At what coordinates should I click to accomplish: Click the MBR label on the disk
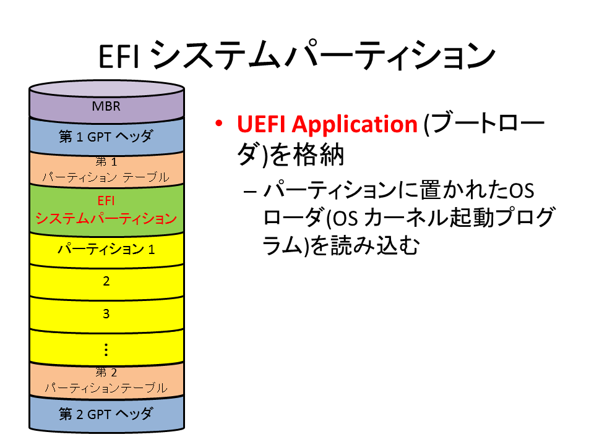pos(106,106)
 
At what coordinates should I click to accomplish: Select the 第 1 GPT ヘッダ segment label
pos(106,136)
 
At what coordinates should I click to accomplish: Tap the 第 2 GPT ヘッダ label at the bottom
pos(106,413)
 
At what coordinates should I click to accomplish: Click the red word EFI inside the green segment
pos(106,200)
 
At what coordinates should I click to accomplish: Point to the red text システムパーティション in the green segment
pos(106,218)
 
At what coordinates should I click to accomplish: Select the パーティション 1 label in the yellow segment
pos(106,249)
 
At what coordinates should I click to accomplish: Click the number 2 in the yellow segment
pos(106,281)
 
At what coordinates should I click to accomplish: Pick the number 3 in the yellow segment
pos(106,314)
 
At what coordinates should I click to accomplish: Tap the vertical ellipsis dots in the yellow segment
pos(106,350)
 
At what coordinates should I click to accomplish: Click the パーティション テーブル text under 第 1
pos(106,177)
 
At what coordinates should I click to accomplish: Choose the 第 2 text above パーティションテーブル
pos(106,372)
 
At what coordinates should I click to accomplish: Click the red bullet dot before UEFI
pos(218,124)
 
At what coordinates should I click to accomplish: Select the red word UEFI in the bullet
pos(261,124)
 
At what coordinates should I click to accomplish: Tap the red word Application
pos(355,125)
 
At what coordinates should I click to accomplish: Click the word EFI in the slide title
pos(119,57)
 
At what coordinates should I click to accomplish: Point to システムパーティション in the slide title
pos(324,56)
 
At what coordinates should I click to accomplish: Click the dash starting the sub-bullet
pos(251,192)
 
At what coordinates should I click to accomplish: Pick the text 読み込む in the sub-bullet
pos(375,245)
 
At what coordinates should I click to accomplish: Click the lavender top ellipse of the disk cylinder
pos(107,88)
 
